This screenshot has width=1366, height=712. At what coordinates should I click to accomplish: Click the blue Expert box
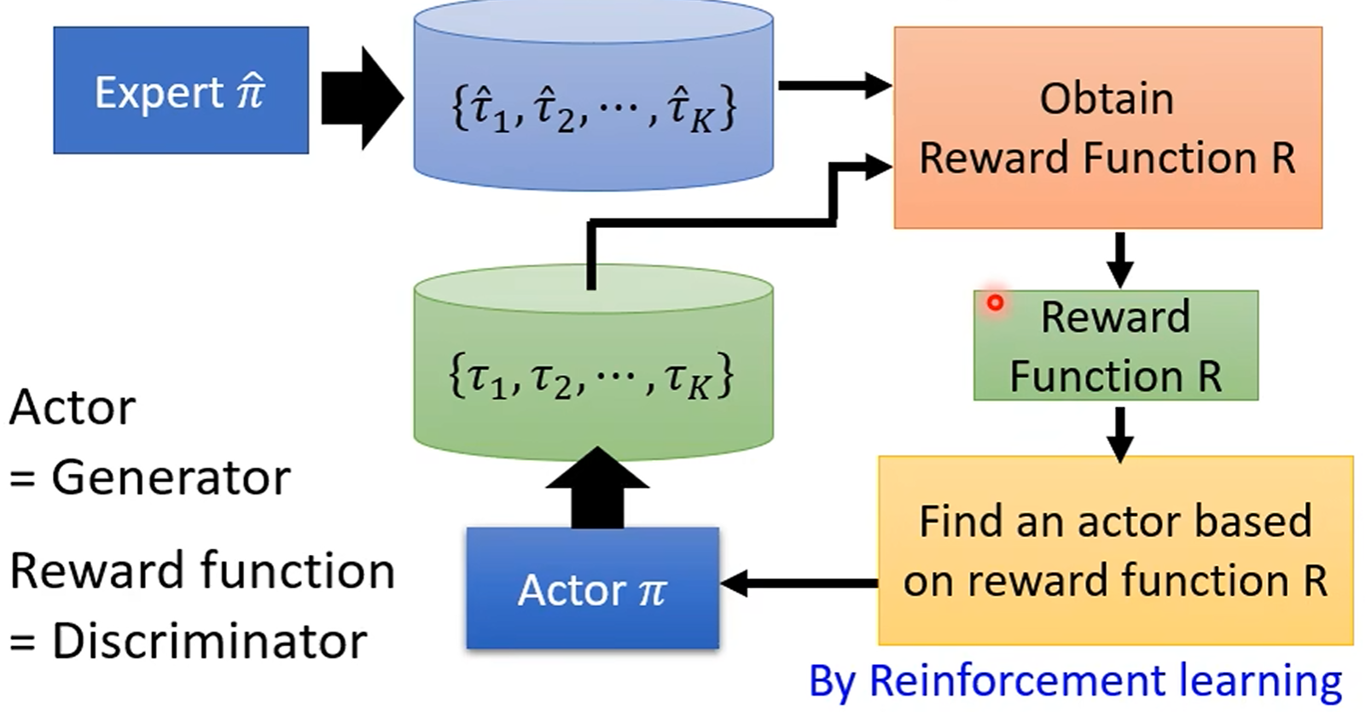pyautogui.click(x=181, y=90)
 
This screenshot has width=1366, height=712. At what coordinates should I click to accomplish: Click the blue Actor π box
pyautogui.click(x=592, y=589)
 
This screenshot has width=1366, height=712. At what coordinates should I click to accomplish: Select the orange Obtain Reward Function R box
pyautogui.click(x=1107, y=128)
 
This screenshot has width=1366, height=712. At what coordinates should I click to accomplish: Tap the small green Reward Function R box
pyautogui.click(x=1115, y=346)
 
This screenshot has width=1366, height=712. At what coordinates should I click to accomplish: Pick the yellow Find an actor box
pyautogui.click(x=1115, y=551)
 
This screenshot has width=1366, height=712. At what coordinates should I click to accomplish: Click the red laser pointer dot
pyautogui.click(x=995, y=302)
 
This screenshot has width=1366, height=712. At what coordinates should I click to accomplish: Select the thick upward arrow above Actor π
pyautogui.click(x=597, y=488)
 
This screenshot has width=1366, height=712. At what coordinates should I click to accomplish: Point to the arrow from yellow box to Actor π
pyautogui.click(x=798, y=584)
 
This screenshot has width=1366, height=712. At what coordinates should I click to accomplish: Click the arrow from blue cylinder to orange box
pyautogui.click(x=834, y=85)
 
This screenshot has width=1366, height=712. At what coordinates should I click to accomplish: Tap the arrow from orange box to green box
pyautogui.click(x=1119, y=260)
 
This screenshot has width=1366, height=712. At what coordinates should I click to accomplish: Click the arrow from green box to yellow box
pyautogui.click(x=1119, y=434)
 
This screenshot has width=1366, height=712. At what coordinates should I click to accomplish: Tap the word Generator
pyautogui.click(x=171, y=477)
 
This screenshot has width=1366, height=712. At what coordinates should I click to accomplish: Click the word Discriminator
pyautogui.click(x=209, y=641)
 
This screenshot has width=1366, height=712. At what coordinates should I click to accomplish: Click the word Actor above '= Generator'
pyautogui.click(x=73, y=407)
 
